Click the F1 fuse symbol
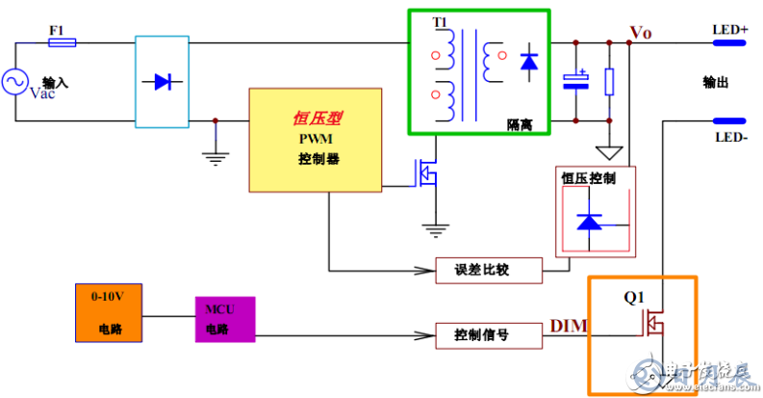click(62, 43)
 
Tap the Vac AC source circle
click(16, 83)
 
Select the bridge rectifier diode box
click(162, 81)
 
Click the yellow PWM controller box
click(314, 140)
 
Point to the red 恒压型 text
click(318, 119)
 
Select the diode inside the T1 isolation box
click(528, 63)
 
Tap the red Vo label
click(640, 33)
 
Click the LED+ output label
click(729, 30)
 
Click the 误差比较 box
click(489, 270)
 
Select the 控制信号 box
click(489, 335)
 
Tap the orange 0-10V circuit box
click(109, 313)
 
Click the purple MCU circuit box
click(225, 319)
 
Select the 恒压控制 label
click(588, 178)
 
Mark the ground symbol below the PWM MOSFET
click(437, 230)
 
